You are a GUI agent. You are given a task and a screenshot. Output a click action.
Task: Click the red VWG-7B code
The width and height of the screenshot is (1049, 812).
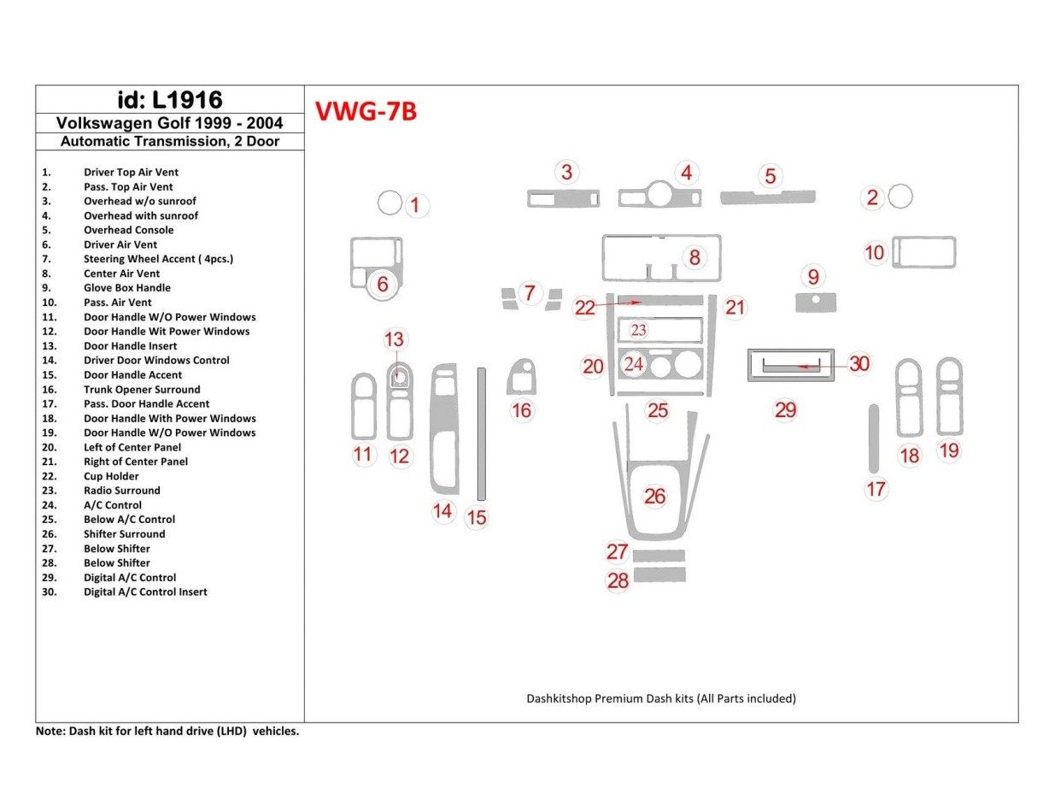[366, 112]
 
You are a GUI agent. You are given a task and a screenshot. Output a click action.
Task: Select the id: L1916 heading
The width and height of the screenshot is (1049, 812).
[169, 99]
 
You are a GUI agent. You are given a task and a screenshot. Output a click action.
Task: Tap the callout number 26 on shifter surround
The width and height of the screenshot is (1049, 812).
[654, 497]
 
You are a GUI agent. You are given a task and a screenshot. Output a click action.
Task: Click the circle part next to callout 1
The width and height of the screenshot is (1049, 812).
[389, 203]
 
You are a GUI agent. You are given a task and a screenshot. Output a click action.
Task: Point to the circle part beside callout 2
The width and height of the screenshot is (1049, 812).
[900, 197]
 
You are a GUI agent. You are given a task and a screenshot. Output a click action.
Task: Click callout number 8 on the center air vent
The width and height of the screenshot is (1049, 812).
[694, 256]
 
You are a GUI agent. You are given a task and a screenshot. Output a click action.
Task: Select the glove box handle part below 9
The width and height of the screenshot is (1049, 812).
[815, 303]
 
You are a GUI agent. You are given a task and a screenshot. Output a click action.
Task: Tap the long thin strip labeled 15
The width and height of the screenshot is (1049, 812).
[481, 433]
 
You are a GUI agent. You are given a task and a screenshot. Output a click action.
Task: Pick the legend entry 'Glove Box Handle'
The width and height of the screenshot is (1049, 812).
[126, 288]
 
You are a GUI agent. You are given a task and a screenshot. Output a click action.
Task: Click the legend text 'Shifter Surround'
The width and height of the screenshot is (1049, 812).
[124, 534]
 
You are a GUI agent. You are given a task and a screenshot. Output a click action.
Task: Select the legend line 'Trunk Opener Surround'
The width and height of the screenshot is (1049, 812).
[142, 390]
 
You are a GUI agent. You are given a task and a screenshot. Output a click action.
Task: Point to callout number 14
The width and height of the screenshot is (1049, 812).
[442, 511]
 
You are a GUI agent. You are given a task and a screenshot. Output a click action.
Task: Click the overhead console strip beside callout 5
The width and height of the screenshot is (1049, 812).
[767, 198]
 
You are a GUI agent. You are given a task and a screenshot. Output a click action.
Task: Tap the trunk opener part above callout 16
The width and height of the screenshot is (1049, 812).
[520, 377]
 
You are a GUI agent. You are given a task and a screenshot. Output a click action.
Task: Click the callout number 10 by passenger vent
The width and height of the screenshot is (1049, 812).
[874, 253]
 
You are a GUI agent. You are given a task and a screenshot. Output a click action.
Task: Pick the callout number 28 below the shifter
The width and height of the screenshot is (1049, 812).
[618, 581]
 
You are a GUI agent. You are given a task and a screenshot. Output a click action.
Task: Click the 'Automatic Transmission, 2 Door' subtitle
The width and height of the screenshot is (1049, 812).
[169, 142]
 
